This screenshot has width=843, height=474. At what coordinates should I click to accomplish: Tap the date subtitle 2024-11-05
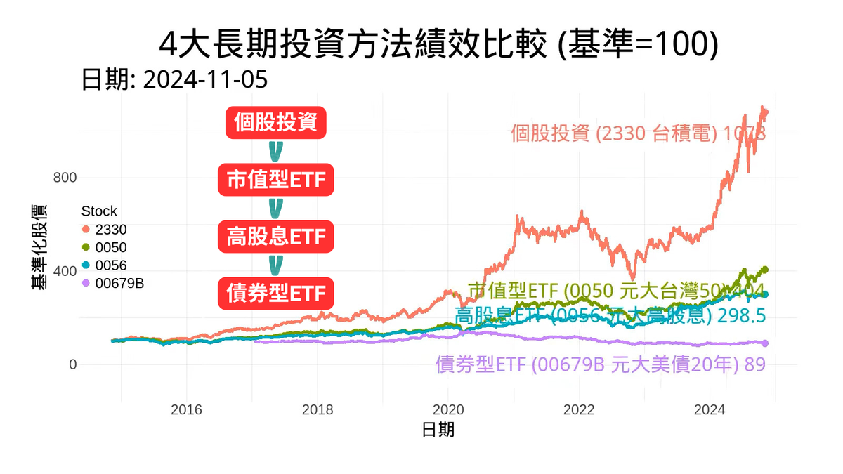tap(174, 79)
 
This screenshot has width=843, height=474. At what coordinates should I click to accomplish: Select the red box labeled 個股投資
tap(276, 124)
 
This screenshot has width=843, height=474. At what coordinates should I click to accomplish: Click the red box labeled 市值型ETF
tap(276, 180)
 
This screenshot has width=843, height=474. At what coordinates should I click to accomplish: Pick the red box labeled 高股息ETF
tap(276, 237)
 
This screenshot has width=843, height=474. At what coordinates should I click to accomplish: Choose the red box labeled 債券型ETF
tap(276, 292)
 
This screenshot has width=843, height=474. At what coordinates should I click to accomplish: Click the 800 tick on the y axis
tap(65, 177)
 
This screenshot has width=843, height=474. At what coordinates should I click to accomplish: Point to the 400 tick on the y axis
tap(65, 271)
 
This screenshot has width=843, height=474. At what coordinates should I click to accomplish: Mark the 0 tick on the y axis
tap(72, 365)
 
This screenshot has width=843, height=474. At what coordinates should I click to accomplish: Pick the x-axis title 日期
tap(438, 429)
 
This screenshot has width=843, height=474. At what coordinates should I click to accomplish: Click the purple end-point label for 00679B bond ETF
tap(600, 364)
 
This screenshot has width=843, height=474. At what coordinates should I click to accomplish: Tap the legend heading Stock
tap(99, 211)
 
